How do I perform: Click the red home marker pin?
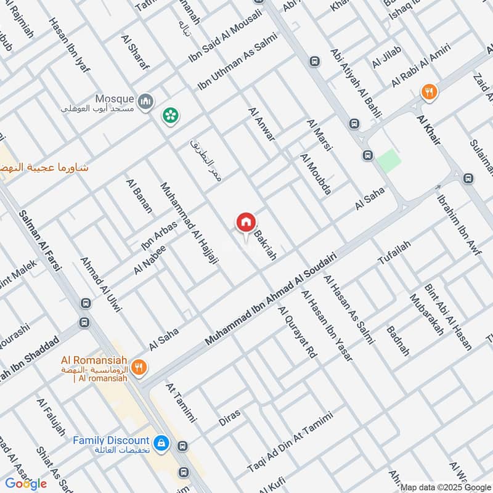tap(245, 222)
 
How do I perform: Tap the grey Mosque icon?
tap(145, 100)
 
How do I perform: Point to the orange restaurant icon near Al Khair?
tap(430, 92)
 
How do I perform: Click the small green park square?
tap(389, 160)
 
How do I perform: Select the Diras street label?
tap(229, 417)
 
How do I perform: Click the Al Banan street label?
tap(139, 195)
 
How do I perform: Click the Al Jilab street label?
tap(386, 57)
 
